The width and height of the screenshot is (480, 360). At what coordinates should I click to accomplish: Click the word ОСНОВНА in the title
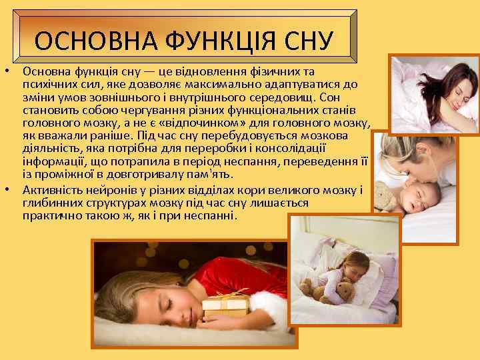(80, 41)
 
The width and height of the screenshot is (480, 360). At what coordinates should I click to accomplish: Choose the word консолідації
(289, 149)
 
